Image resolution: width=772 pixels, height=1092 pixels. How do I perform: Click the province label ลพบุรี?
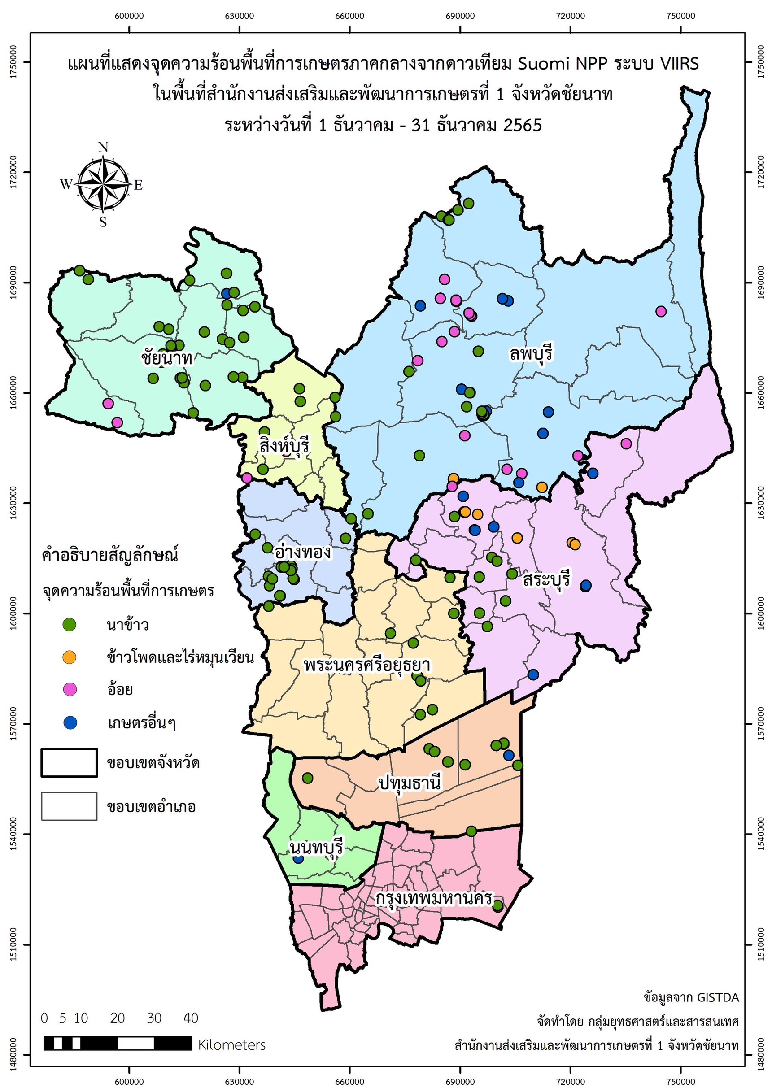tap(531, 354)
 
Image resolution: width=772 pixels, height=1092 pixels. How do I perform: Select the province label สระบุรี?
tap(546, 580)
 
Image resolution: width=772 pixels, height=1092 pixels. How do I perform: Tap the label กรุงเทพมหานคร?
tap(433, 898)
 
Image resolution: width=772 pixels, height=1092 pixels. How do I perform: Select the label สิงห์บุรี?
tap(284, 446)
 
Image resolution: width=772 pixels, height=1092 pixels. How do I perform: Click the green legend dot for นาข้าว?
tap(70, 624)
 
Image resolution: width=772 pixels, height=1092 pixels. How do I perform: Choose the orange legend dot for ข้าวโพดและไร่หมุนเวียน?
tap(70, 657)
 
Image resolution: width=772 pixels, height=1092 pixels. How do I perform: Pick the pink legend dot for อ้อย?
tap(70, 689)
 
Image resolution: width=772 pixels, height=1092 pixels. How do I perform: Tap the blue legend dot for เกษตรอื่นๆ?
tap(70, 723)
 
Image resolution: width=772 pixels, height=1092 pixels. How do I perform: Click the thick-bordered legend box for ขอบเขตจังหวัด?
tap(70, 763)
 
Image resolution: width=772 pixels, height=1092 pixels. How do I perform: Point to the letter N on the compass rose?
tap(103, 148)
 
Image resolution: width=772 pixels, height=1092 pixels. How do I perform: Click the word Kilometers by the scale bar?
tap(231, 1045)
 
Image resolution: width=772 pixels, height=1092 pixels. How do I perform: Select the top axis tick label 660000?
tap(349, 16)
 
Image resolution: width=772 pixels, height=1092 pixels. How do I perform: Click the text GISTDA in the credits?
tap(711, 997)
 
